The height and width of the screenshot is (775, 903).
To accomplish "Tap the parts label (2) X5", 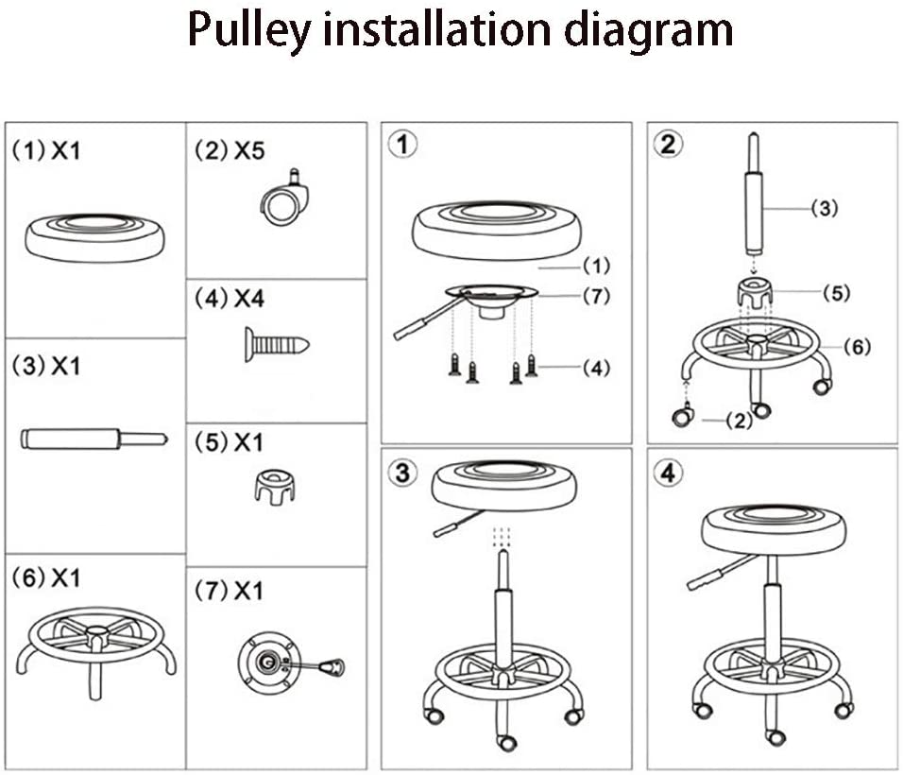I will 230,150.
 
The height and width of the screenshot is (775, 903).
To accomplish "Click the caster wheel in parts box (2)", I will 283,201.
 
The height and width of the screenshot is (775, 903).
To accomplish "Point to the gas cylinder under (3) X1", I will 93,439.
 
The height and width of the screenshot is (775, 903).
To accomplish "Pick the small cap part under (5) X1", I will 274,488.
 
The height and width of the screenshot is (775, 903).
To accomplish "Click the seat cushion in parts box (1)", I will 94,236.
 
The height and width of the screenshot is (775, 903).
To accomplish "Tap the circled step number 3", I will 403,473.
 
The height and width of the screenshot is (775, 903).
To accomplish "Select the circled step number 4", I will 669,473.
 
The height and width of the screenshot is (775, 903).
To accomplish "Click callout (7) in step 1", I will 595,296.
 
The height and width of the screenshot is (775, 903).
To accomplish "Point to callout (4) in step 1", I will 595,367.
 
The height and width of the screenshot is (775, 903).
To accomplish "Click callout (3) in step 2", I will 824,209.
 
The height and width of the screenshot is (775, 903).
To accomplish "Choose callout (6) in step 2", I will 855,347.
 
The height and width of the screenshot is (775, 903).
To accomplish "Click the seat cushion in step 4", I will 774,529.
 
